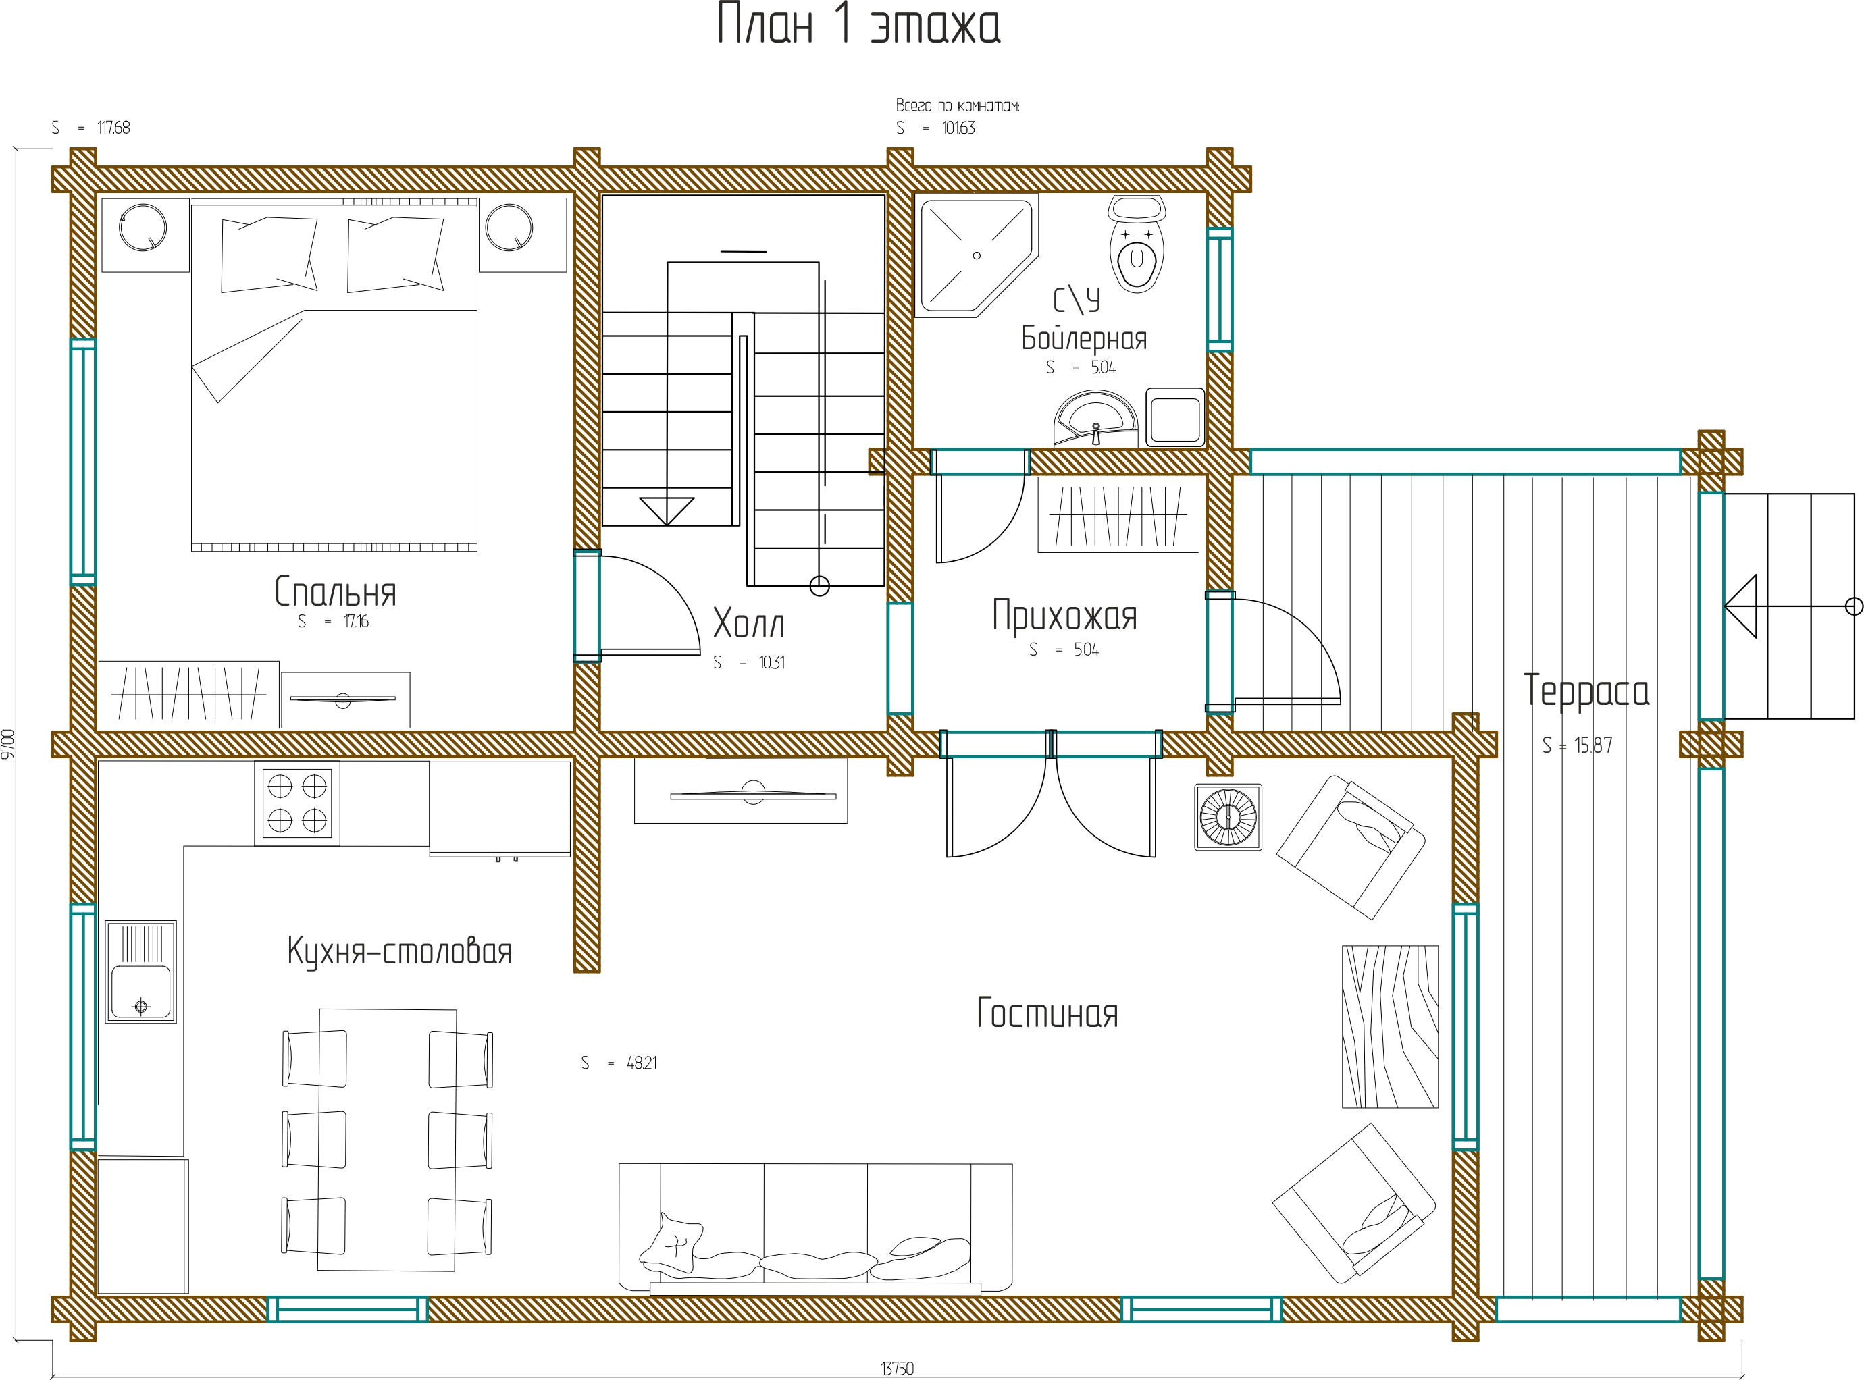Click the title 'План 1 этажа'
[x=859, y=24]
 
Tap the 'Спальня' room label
[x=335, y=591]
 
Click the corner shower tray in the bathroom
[x=976, y=257]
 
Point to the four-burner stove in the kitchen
[x=296, y=803]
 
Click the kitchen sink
[x=141, y=972]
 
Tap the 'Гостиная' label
[x=1047, y=1013]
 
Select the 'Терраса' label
[x=1586, y=691]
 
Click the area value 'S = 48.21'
[x=619, y=1063]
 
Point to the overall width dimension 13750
[x=898, y=1369]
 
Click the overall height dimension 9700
[x=8, y=744]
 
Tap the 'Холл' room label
[x=748, y=623]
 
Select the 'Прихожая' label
[x=1064, y=616]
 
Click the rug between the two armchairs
[x=1391, y=1027]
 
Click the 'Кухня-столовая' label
[x=399, y=951]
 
